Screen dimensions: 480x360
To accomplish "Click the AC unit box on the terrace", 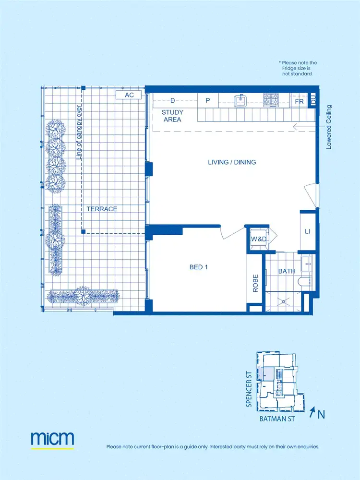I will click(129, 95).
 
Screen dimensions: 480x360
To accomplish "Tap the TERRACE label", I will click(102, 209).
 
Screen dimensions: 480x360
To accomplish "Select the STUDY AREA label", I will click(172, 116).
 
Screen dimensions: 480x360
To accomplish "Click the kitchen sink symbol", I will click(240, 100).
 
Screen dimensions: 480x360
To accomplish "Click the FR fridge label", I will click(299, 102).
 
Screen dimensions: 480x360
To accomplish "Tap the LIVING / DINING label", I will click(232, 162).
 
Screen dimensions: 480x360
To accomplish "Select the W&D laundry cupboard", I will click(256, 239).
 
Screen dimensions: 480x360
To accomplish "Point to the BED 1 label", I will click(199, 267).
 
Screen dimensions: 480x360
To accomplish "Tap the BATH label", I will click(287, 271).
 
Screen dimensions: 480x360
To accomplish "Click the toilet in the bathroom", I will click(305, 282).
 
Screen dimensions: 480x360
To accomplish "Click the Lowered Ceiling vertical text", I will click(329, 127).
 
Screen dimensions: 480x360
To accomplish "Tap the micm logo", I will click(52, 439).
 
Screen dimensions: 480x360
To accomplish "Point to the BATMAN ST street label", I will click(276, 419).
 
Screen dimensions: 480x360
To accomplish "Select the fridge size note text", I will click(298, 69).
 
